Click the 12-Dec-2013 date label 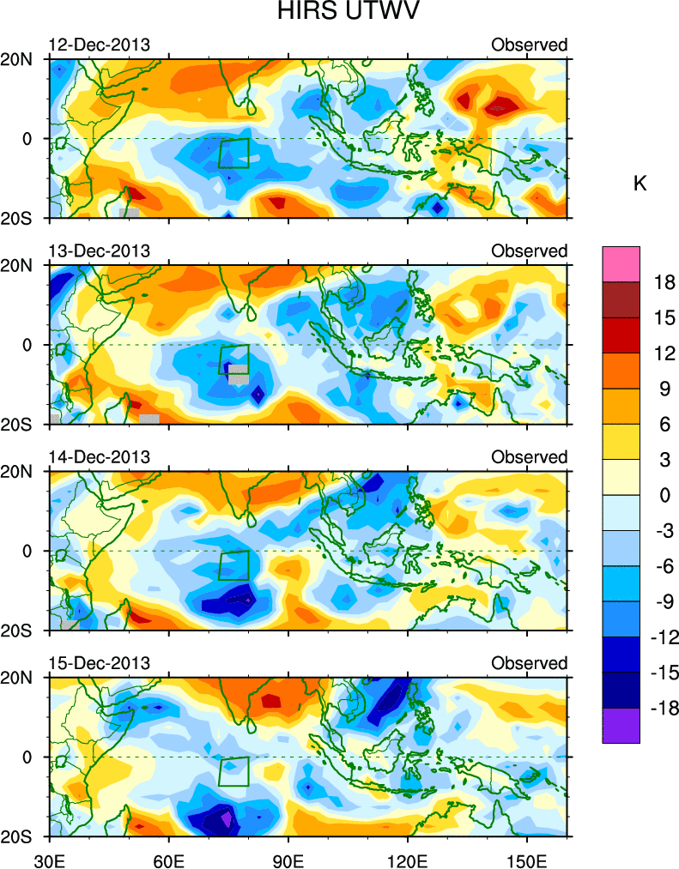[99, 45]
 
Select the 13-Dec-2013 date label [99, 250]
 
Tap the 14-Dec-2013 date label [99, 457]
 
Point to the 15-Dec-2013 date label [99, 663]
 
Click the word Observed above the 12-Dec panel [530, 45]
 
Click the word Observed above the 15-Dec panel [530, 663]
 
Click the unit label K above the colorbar [640, 184]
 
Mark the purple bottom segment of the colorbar [621, 725]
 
